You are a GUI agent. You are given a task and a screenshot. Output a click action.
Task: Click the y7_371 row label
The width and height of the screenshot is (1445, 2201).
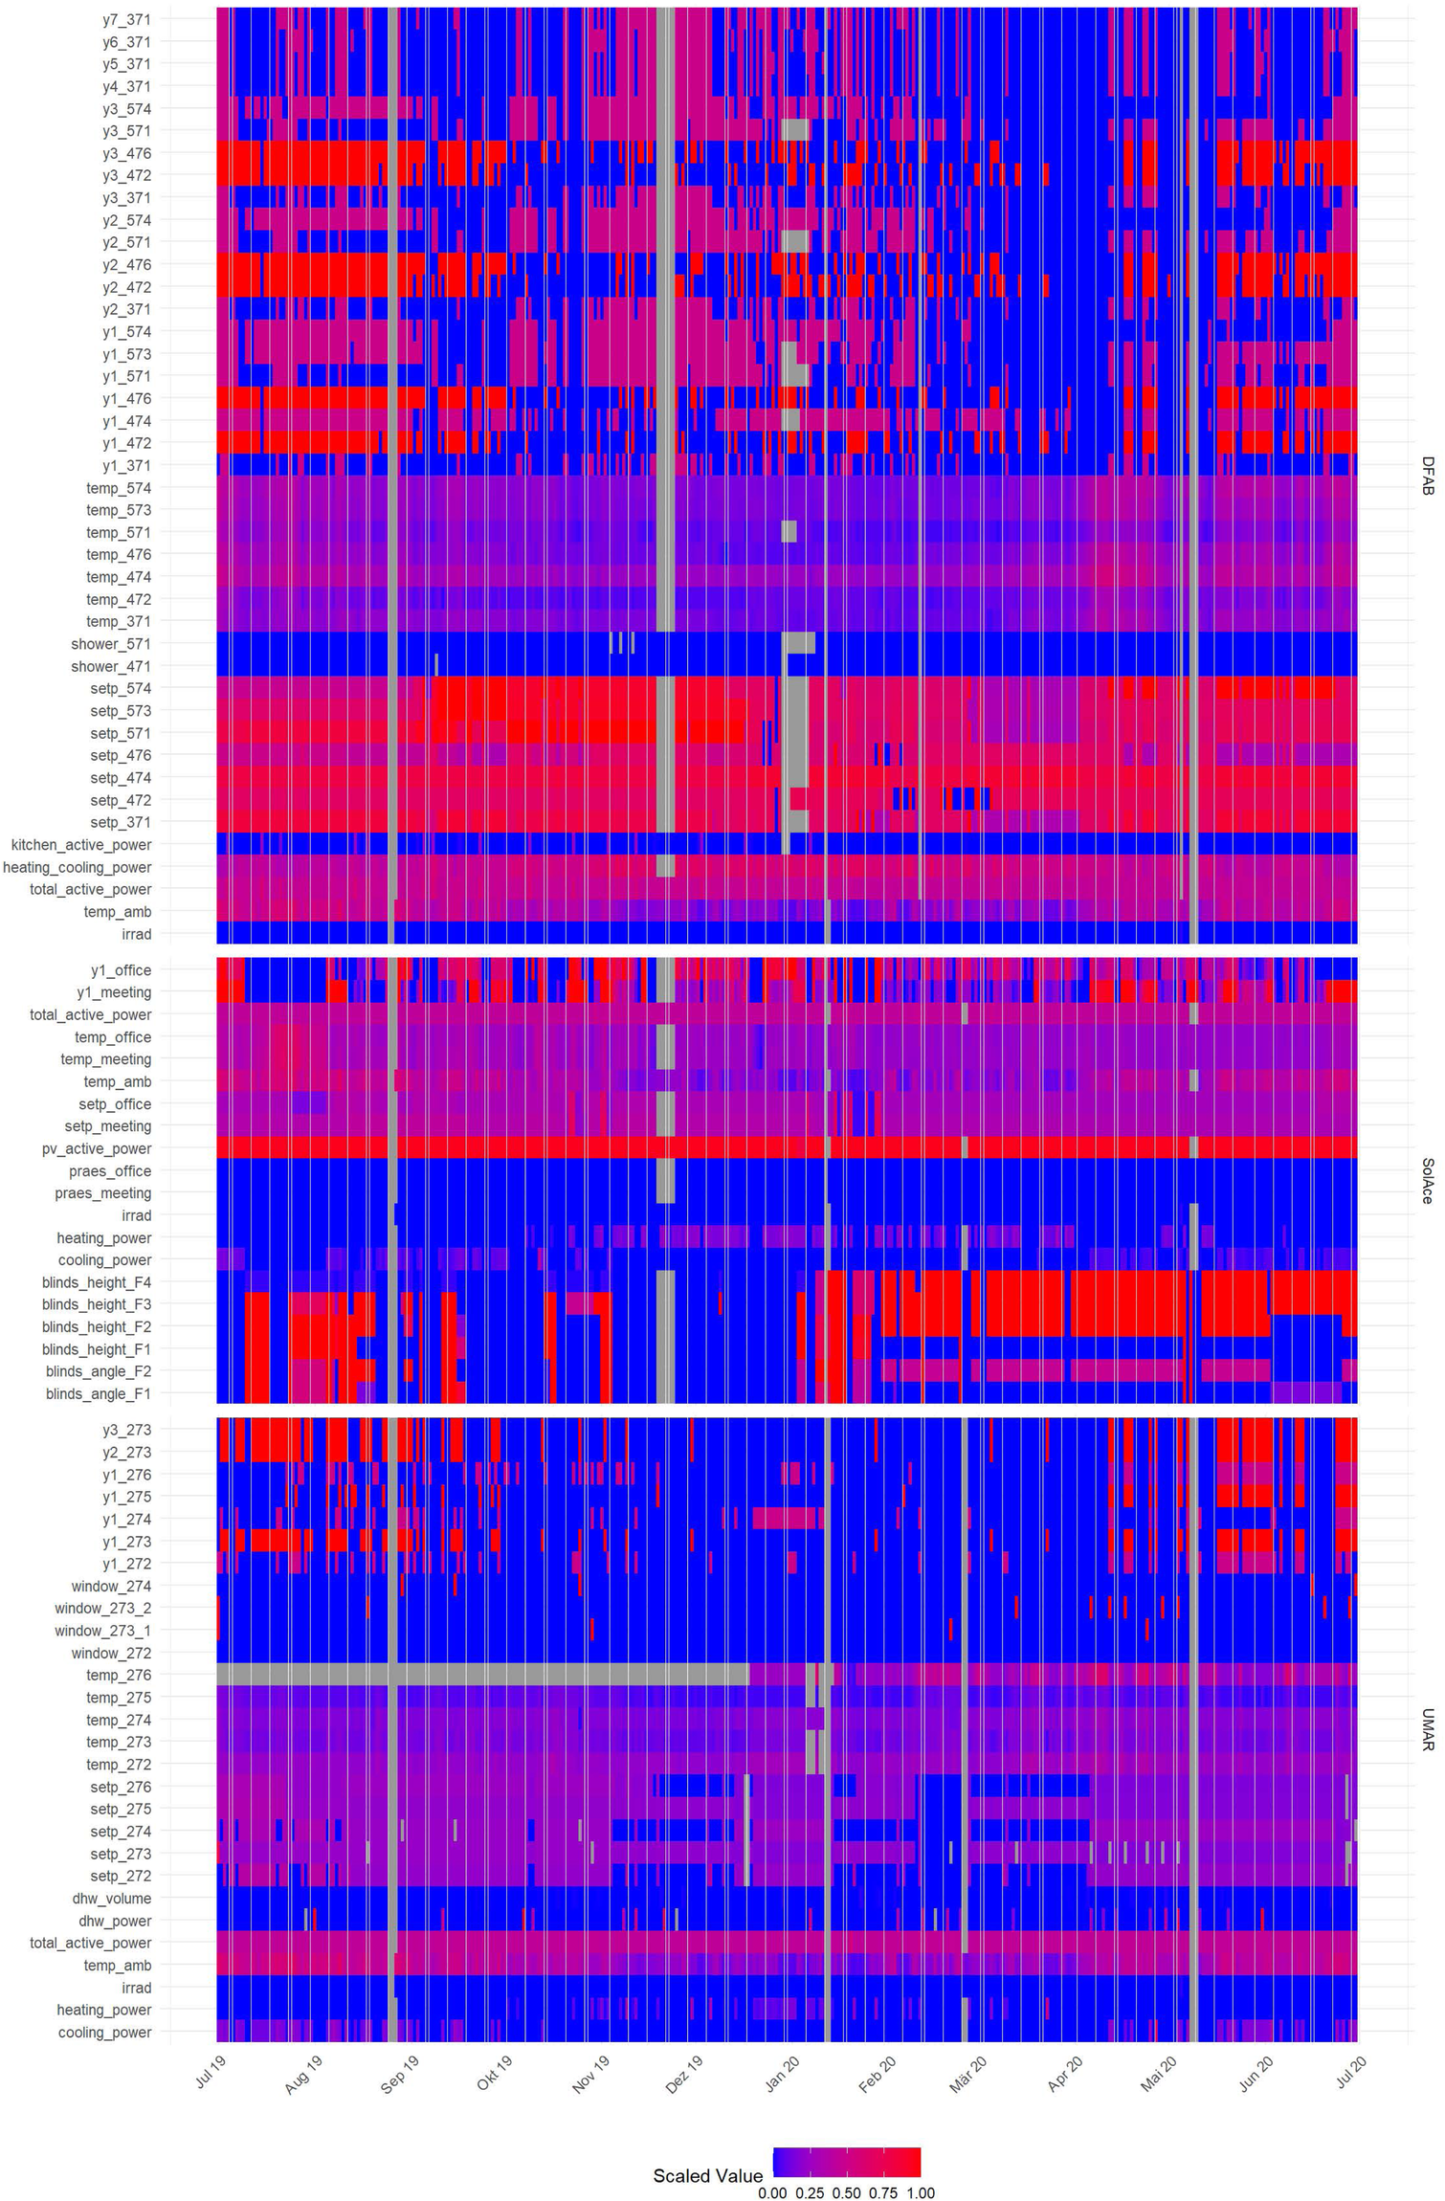point(126,19)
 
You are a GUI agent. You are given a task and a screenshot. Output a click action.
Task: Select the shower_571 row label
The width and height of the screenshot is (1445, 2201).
point(111,644)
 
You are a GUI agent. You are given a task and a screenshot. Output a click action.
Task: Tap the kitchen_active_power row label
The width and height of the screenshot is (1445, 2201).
point(81,845)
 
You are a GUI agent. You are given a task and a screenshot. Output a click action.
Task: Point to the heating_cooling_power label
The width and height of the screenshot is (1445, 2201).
point(78,867)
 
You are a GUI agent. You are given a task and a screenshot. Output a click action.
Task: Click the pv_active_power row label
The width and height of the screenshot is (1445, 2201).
point(97,1148)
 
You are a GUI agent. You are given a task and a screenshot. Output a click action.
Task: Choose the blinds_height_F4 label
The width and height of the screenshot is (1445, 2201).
point(97,1282)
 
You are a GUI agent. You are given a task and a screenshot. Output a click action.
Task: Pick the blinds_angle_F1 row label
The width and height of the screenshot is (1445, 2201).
point(99,1393)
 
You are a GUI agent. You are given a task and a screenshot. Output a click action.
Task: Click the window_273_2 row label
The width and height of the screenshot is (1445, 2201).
point(103,1609)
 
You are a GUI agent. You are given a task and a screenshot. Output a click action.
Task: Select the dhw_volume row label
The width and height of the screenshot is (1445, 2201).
point(112,1899)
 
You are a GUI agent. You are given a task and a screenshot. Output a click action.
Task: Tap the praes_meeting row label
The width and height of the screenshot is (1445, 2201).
point(103,1193)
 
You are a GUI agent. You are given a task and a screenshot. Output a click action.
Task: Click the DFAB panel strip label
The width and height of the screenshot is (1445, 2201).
point(1428,476)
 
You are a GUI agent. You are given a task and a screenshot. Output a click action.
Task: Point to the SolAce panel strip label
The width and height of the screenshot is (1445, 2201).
point(1428,1180)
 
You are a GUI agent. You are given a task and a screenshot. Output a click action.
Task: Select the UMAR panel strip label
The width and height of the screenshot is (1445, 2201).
point(1428,1730)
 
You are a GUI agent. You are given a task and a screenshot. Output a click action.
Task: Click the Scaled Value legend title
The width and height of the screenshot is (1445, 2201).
point(707,2175)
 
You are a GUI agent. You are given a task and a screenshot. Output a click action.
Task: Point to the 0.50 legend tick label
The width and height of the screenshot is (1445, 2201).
point(846,2192)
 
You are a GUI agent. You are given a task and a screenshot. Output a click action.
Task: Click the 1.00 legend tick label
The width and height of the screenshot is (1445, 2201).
point(920,2192)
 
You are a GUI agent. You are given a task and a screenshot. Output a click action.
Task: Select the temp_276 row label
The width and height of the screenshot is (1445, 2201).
point(119,1675)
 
